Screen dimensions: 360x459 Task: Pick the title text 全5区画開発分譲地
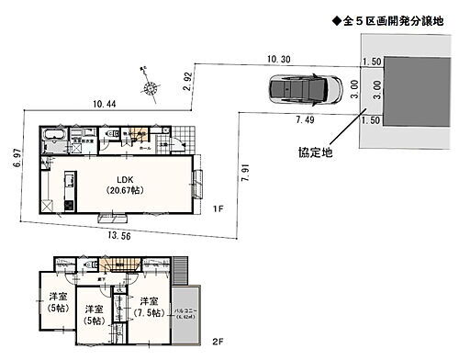click(389, 20)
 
